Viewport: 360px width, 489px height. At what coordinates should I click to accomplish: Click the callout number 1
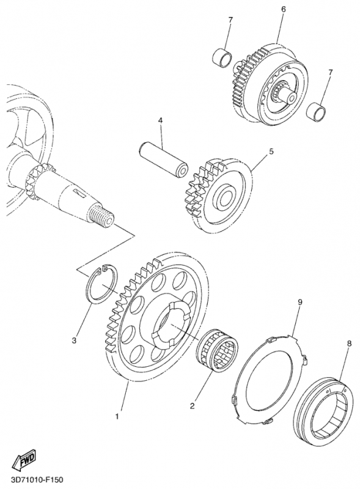coord(117,416)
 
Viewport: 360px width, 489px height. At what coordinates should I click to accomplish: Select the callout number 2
coord(192,406)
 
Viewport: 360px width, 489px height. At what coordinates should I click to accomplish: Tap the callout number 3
coord(74,340)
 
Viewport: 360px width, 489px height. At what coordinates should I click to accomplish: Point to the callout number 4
coord(160,120)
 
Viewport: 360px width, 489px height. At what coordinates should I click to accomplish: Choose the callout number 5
coord(271,152)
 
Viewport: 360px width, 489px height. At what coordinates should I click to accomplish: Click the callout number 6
coord(283,9)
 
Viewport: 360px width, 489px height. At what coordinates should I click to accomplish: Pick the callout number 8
coord(349,344)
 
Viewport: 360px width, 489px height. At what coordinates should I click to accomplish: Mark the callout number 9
coord(300,302)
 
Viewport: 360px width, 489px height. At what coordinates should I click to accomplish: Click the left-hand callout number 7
coord(230,20)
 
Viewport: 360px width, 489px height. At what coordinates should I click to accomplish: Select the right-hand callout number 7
coord(331,72)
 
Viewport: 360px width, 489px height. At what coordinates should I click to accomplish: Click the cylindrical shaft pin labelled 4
coord(163,160)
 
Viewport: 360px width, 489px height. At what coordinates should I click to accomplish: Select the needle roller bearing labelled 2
coord(218,350)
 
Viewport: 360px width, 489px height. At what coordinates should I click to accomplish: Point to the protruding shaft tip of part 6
coord(289,96)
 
